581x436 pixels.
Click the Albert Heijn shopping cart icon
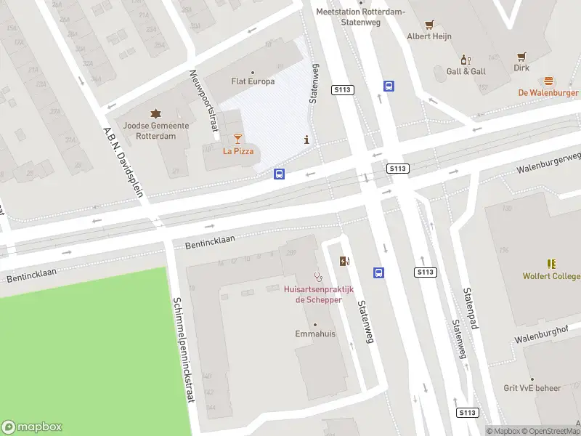click(429, 24)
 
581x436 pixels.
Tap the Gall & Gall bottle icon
click(466, 59)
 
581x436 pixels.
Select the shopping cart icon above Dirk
click(521, 55)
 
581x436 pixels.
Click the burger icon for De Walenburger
click(548, 81)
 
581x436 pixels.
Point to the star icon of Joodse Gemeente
click(155, 113)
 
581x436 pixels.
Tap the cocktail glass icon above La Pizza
click(237, 138)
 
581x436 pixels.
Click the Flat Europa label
click(252, 81)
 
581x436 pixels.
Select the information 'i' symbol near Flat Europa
click(307, 140)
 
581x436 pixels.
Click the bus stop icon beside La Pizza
click(279, 174)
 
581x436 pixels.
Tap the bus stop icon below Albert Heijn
click(389, 86)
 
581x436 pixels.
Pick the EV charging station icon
click(344, 261)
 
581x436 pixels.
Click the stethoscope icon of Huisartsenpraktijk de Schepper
click(317, 276)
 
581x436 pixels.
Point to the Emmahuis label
click(314, 334)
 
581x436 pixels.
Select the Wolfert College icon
click(551, 264)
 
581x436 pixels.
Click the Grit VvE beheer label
click(532, 388)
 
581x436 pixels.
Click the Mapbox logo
click(33, 427)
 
